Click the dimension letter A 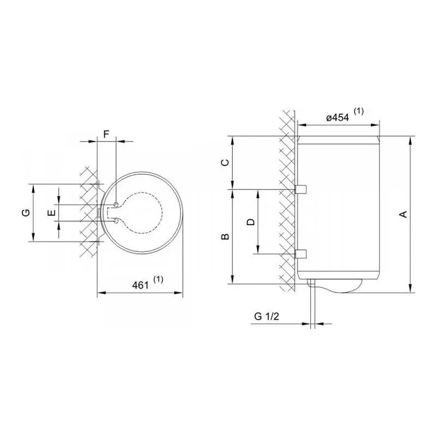pyautogui.click(x=403, y=214)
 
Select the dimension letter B pyautogui.click(x=225, y=237)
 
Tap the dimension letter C pyautogui.click(x=225, y=162)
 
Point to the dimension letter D pyautogui.click(x=251, y=222)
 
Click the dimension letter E pyautogui.click(x=51, y=213)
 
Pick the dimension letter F pyautogui.click(x=106, y=134)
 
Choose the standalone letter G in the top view pyautogui.click(x=26, y=213)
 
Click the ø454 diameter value pyautogui.click(x=338, y=117)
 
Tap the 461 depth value pyautogui.click(x=140, y=285)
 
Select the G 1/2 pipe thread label pyautogui.click(x=267, y=316)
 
